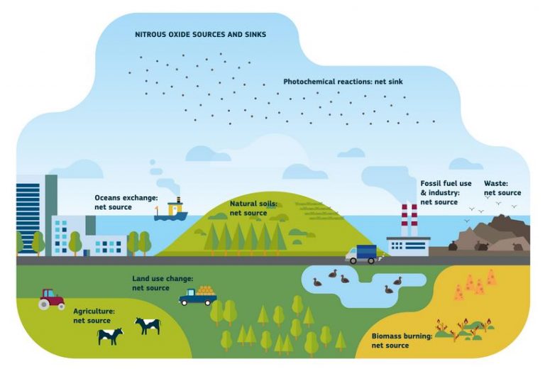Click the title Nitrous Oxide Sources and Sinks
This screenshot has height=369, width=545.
(x=201, y=34)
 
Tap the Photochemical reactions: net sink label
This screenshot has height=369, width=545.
(x=343, y=82)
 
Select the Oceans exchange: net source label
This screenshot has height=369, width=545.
(x=126, y=202)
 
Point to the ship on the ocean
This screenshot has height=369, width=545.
(x=170, y=209)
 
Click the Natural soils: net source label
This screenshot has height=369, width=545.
(x=254, y=208)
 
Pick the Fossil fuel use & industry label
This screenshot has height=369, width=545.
(x=446, y=192)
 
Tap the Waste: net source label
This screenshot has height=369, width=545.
(x=502, y=188)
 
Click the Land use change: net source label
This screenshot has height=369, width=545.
(x=163, y=283)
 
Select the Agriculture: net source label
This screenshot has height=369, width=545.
(x=94, y=316)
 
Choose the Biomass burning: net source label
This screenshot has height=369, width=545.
(x=402, y=341)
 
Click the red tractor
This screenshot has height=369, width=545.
(x=51, y=299)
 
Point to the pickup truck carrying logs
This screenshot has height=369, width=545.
(x=198, y=296)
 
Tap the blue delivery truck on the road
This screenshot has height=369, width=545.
(x=361, y=254)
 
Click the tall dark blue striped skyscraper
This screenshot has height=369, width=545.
(x=28, y=216)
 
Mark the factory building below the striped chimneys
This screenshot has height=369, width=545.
(x=409, y=247)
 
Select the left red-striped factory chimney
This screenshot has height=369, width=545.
(x=404, y=220)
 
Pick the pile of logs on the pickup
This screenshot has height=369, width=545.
(x=206, y=290)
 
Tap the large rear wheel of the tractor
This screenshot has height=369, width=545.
(x=44, y=304)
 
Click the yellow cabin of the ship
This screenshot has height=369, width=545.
(x=175, y=209)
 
